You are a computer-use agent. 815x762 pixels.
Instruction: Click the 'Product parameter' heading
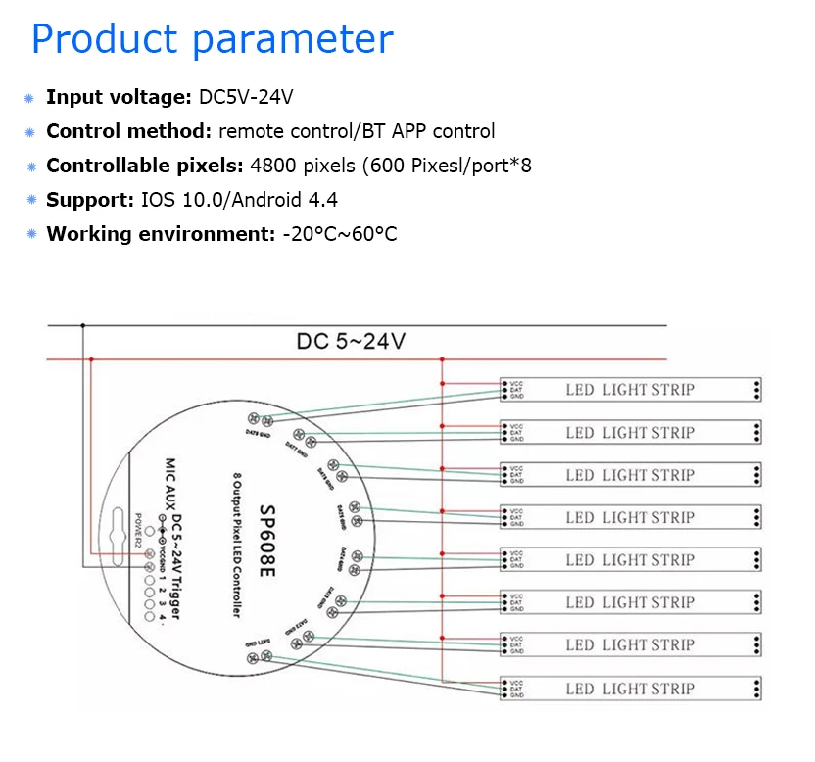tap(213, 39)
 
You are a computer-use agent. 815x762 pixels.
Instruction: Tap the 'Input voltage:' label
tap(119, 97)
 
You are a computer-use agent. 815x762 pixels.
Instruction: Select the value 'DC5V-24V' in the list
tap(246, 97)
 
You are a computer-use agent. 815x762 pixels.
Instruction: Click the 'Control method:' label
tap(128, 131)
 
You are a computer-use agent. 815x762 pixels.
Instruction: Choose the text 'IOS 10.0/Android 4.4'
tap(240, 200)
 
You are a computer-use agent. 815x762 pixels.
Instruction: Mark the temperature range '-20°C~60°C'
tap(340, 234)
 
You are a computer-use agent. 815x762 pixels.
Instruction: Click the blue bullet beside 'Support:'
tap(31, 200)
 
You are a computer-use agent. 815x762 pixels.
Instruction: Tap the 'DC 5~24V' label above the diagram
tap(351, 342)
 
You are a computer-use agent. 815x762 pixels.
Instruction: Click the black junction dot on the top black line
tap(83, 325)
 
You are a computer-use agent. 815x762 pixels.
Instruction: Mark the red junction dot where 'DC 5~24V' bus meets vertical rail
tap(443, 359)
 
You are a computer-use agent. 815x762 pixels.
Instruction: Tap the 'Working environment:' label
tap(160, 234)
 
